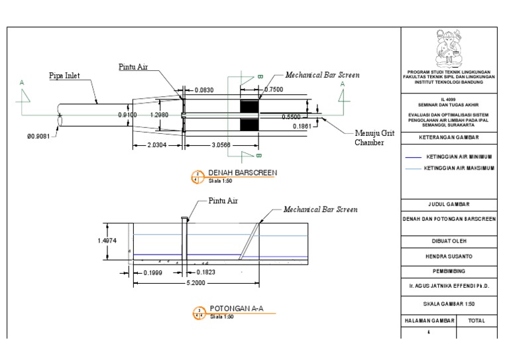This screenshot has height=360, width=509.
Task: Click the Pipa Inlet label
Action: point(64,76)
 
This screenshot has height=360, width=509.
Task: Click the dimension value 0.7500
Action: point(274,90)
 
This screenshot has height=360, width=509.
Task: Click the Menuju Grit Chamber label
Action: point(374,138)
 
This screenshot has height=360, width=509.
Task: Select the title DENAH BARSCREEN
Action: point(243,173)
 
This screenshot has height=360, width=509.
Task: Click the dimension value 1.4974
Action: point(107,241)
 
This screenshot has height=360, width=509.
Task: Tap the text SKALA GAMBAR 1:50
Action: point(449,304)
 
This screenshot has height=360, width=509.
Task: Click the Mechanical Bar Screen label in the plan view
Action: point(322,76)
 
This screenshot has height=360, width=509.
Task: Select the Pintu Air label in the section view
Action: point(223,200)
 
